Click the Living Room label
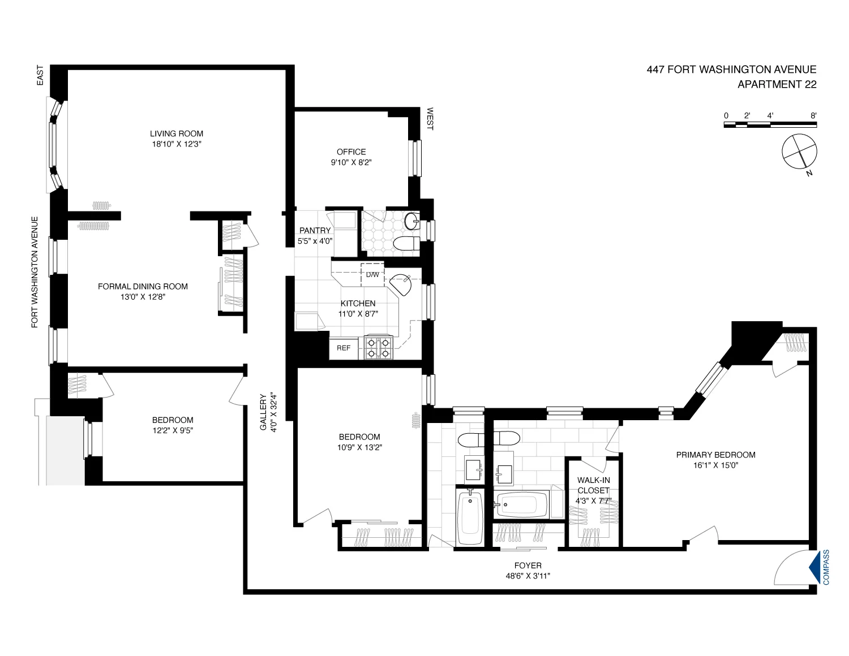(x=176, y=133)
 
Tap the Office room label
(x=351, y=152)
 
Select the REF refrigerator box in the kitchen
(x=344, y=348)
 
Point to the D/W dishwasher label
(x=372, y=275)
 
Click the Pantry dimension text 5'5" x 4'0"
(x=315, y=241)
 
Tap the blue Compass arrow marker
(x=814, y=567)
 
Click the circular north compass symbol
(x=799, y=152)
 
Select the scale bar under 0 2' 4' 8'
(x=770, y=125)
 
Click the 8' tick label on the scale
(x=813, y=115)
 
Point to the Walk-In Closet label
(x=594, y=485)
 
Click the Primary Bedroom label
(x=716, y=455)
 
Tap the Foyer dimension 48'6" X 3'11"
(x=528, y=576)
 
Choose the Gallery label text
(x=263, y=412)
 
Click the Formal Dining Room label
(x=143, y=287)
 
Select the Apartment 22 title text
(x=777, y=84)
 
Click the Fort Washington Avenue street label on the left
(x=35, y=272)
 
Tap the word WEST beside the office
(x=430, y=119)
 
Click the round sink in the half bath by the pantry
(x=412, y=221)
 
